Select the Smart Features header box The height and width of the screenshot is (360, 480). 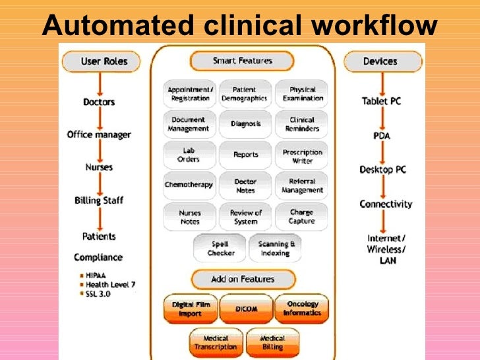pyautogui.click(x=242, y=61)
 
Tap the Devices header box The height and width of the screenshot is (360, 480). pyautogui.click(x=382, y=62)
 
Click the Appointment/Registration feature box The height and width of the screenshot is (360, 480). pyautogui.click(x=190, y=94)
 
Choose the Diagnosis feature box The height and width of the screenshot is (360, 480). pyautogui.click(x=245, y=124)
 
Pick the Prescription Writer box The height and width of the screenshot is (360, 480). pyautogui.click(x=302, y=156)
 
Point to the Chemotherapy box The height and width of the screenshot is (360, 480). pyautogui.click(x=189, y=185)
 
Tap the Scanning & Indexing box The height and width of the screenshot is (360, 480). pyautogui.click(x=276, y=249)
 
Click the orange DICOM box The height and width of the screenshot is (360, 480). pyautogui.click(x=246, y=309)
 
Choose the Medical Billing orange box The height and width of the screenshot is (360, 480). pyautogui.click(x=272, y=343)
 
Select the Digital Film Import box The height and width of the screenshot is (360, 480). pyautogui.click(x=191, y=309)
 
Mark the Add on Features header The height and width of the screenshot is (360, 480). pyautogui.click(x=242, y=279)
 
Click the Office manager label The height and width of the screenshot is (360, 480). pyautogui.click(x=99, y=135)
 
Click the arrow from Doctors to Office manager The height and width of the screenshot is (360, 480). pyautogui.click(x=99, y=119)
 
